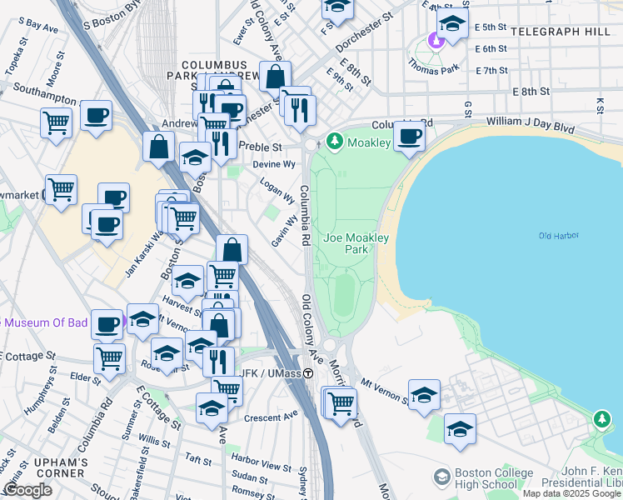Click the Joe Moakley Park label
(x=356, y=243)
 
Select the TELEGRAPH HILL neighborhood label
(x=566, y=31)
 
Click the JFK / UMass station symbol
(x=308, y=374)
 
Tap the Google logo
(x=27, y=490)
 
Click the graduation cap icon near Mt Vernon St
(x=424, y=394)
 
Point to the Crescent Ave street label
(x=277, y=414)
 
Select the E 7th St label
(x=491, y=70)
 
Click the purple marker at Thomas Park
(x=434, y=39)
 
